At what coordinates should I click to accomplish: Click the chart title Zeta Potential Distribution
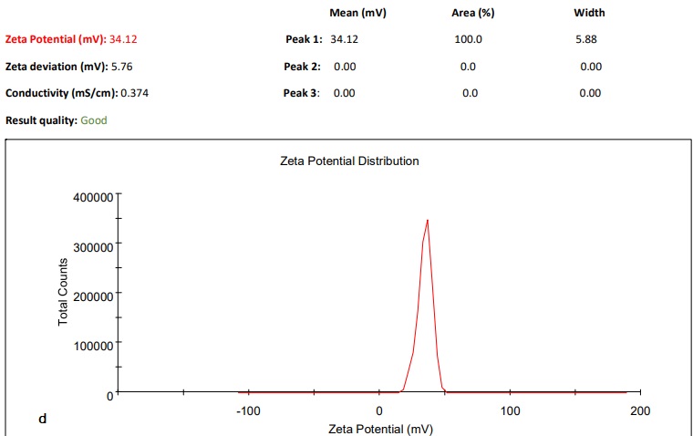[x=350, y=161]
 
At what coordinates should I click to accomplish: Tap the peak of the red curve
[x=427, y=220]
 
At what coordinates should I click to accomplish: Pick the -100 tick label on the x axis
[x=248, y=411]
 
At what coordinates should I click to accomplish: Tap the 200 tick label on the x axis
[x=640, y=411]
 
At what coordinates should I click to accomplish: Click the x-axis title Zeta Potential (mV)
[x=380, y=429]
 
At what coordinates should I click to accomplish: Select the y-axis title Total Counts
[x=64, y=292]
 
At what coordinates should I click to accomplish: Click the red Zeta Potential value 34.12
[x=123, y=40]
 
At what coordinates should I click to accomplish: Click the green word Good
[x=94, y=119]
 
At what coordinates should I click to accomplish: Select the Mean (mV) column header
[x=359, y=13]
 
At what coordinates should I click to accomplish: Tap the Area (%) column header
[x=472, y=13]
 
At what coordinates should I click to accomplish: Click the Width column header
[x=590, y=13]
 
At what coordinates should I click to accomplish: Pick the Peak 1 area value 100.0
[x=468, y=40]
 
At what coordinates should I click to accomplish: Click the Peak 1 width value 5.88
[x=586, y=40]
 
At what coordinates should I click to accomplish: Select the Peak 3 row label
[x=302, y=93]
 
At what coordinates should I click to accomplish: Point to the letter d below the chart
[x=42, y=419]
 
